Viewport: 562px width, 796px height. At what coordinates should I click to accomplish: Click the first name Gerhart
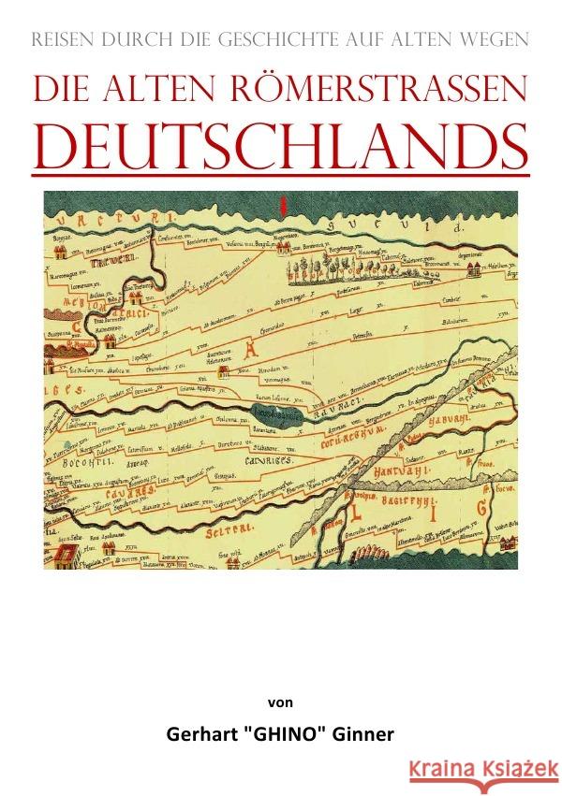pos(200,733)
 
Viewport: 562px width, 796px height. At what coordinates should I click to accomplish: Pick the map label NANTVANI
pos(405,470)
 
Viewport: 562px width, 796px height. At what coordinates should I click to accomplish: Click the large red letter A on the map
pos(224,351)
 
